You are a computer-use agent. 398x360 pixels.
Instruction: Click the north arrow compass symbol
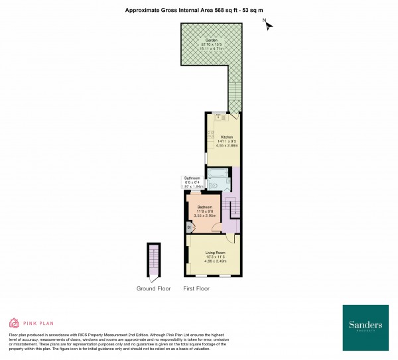pyautogui.click(x=269, y=26)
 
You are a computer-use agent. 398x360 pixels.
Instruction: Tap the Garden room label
pyautogui.click(x=211, y=40)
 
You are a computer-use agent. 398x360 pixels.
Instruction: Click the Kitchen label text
pyautogui.click(x=218, y=137)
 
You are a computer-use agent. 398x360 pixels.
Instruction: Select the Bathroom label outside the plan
pyautogui.click(x=192, y=178)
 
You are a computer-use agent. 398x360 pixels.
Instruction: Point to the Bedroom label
pyautogui.click(x=204, y=207)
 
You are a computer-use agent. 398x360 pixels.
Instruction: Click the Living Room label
pyautogui.click(x=215, y=253)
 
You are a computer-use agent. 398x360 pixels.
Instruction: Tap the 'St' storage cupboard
pyautogui.click(x=189, y=227)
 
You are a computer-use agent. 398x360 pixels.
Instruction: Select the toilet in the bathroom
pyautogui.click(x=218, y=188)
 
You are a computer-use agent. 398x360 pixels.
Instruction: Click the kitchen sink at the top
pyautogui.click(x=221, y=117)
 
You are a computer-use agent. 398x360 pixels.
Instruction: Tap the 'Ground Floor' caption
pyautogui.click(x=154, y=288)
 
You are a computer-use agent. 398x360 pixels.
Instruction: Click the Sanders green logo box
pyautogui.click(x=365, y=328)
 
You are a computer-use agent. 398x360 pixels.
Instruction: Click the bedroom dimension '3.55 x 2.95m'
pyautogui.click(x=204, y=215)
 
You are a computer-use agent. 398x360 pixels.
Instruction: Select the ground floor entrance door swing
pyautogui.click(x=154, y=271)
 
